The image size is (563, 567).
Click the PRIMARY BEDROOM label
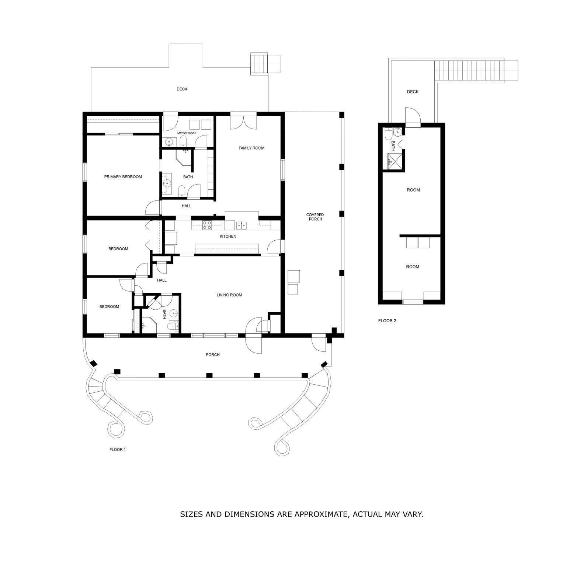click(123, 177)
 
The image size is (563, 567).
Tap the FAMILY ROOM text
click(251, 148)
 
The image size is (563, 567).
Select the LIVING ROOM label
click(229, 295)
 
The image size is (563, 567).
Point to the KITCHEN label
click(228, 236)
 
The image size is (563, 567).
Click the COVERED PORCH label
click(315, 217)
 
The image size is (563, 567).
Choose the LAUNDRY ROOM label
click(186, 133)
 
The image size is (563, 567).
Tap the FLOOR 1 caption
click(118, 450)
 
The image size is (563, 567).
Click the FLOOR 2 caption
click(387, 321)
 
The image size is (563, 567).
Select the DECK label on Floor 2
click(413, 92)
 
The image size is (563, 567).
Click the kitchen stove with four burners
click(207, 225)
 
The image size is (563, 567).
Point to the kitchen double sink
click(241, 224)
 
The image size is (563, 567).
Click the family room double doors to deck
click(242, 122)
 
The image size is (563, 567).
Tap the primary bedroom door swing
click(152, 208)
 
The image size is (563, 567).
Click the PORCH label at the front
click(213, 355)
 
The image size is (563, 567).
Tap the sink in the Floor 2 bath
click(397, 132)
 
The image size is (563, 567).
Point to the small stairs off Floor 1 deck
click(259, 64)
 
